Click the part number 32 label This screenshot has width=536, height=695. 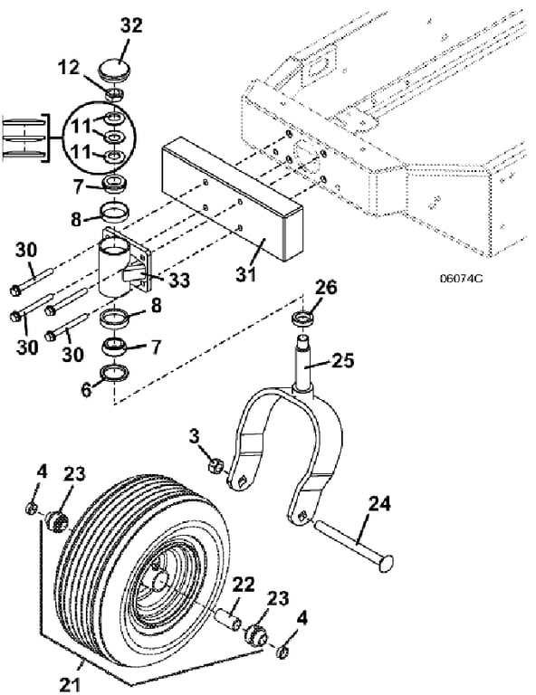[131, 25]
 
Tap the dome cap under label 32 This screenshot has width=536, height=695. [115, 70]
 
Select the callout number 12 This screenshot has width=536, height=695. [69, 67]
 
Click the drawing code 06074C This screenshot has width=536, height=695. [461, 279]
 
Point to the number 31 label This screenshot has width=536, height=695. [246, 274]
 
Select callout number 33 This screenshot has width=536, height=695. [179, 280]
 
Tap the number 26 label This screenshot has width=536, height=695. [326, 288]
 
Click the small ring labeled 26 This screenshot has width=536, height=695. [302, 320]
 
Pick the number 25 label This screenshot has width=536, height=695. [343, 360]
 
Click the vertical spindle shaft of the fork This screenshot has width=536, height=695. [303, 364]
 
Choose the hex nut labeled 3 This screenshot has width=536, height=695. [215, 466]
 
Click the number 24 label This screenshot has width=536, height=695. [379, 504]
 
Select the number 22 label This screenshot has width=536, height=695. [243, 585]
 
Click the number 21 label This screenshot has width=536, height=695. [70, 684]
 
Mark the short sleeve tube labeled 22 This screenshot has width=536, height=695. [228, 618]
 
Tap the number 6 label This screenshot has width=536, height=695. [86, 389]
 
